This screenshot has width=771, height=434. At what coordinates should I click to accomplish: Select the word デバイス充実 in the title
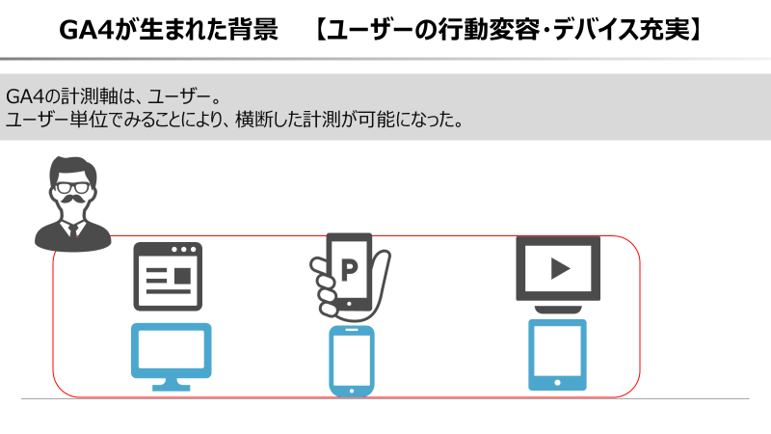click(621, 30)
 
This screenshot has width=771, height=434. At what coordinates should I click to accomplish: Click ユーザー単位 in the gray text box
click(57, 120)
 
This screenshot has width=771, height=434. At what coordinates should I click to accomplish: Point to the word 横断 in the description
click(252, 120)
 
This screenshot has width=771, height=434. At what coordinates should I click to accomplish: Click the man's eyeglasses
click(73, 187)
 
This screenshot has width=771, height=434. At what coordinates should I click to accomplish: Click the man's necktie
click(73, 231)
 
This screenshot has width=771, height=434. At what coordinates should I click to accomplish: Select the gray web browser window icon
click(168, 277)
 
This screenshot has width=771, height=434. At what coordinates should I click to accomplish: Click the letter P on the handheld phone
click(349, 270)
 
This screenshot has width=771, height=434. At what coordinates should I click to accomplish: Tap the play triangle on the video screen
click(560, 269)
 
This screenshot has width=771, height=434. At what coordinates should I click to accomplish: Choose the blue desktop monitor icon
click(172, 357)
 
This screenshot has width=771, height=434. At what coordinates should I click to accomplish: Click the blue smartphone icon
click(352, 361)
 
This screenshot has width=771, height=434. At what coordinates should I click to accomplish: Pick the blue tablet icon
click(557, 355)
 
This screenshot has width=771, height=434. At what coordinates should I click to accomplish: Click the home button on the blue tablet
click(557, 382)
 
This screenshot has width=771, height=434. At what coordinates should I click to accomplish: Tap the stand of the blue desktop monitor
click(172, 385)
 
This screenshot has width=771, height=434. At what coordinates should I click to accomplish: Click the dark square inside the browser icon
click(182, 276)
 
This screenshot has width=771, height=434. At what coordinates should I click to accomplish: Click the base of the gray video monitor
click(558, 310)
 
